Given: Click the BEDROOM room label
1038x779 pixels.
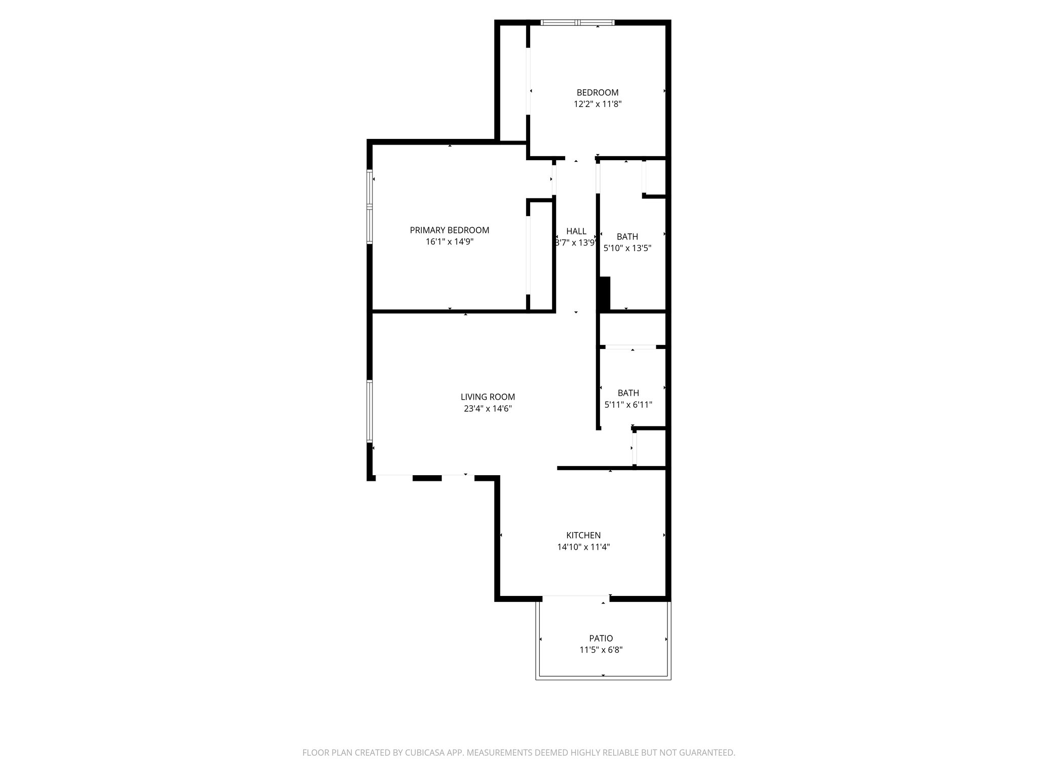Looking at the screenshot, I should coord(598,93).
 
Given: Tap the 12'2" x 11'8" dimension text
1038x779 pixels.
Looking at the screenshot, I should coord(598,104).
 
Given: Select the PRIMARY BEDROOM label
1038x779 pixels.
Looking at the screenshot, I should coord(450,230).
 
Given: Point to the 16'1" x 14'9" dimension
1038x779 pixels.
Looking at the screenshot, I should coord(450,242).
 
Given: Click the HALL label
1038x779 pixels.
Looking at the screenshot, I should coord(576,231).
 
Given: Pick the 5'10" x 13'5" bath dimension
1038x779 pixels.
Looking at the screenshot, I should coord(627,249).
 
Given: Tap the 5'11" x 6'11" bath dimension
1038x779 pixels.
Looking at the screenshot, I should coord(628,405).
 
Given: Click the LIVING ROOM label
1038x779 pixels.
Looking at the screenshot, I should coord(488,397).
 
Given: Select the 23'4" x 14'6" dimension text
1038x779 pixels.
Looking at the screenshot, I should coord(488,409).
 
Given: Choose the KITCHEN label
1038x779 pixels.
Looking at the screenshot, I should coord(583,535).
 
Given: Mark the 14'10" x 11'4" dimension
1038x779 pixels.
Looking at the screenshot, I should coord(583,547).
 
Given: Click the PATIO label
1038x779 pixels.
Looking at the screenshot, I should coord(601,639).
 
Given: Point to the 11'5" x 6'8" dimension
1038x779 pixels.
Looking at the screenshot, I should coord(601,650).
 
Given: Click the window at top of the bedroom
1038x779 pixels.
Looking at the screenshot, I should coord(577,22).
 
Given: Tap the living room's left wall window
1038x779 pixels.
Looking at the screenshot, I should coord(369,411).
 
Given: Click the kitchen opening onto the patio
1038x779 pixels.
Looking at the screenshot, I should coord(575,598).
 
